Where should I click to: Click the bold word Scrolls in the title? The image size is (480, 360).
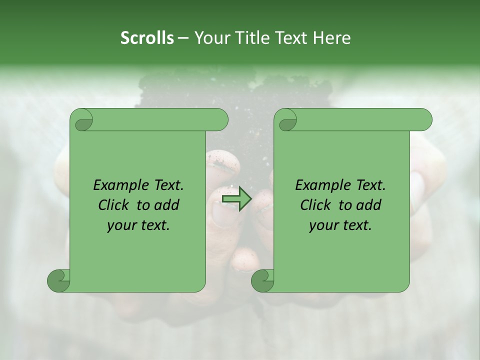coord(147,38)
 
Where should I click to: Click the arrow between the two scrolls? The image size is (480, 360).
coord(237,199)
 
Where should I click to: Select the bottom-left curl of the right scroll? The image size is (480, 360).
coord(263,280)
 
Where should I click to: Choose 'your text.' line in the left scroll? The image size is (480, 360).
coord(138,225)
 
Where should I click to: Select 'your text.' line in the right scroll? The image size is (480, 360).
coord(340,225)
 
